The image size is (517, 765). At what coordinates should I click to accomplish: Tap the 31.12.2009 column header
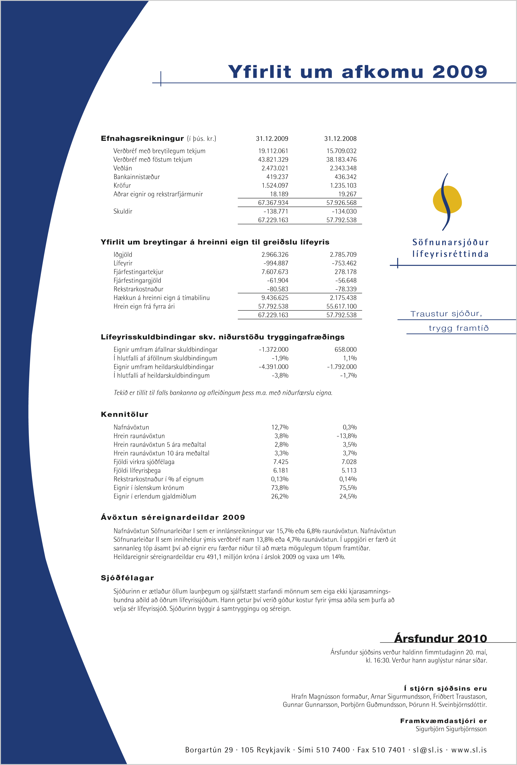pyautogui.click(x=272, y=139)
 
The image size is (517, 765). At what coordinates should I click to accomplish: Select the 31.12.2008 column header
pyautogui.click(x=340, y=139)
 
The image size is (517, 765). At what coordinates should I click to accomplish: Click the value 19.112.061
pyautogui.click(x=273, y=151)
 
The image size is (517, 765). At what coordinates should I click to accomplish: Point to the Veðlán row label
pyautogui.click(x=123, y=168)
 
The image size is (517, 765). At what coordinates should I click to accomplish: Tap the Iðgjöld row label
pyautogui.click(x=123, y=254)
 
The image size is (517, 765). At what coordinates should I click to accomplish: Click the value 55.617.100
pyautogui.click(x=341, y=306)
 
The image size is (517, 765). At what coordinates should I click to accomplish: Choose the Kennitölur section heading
pyautogui.click(x=124, y=414)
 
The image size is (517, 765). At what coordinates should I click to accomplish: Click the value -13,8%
pyautogui.click(x=346, y=436)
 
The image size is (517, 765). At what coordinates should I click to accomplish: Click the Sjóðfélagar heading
pyautogui.click(x=127, y=578)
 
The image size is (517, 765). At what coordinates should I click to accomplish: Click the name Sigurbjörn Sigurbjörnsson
pyautogui.click(x=451, y=729)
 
